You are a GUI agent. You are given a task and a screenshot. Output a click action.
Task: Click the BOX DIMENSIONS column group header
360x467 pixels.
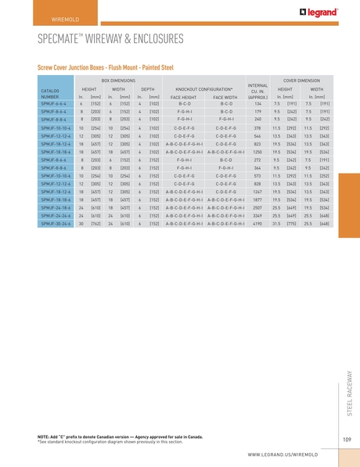point(118,81)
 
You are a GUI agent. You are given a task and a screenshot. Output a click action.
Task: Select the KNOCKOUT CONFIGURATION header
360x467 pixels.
point(204,89)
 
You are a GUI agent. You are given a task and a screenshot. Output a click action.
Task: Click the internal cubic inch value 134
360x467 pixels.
point(257,104)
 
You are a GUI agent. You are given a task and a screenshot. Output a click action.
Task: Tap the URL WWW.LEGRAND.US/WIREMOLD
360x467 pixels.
point(290,454)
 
